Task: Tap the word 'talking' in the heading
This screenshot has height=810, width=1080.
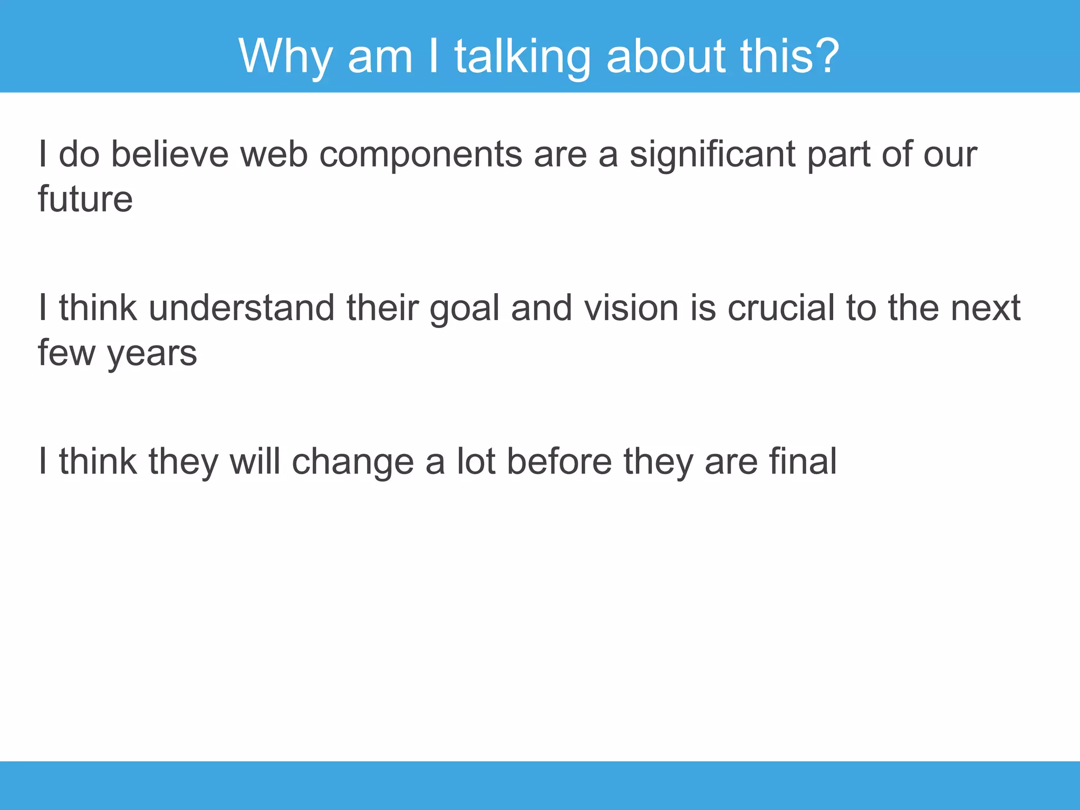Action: click(x=522, y=56)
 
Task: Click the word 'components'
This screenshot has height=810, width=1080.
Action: click(x=420, y=156)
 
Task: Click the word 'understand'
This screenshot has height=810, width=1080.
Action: click(x=242, y=308)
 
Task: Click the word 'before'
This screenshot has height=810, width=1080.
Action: click(x=559, y=462)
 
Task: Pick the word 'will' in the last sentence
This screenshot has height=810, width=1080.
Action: click(x=255, y=462)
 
